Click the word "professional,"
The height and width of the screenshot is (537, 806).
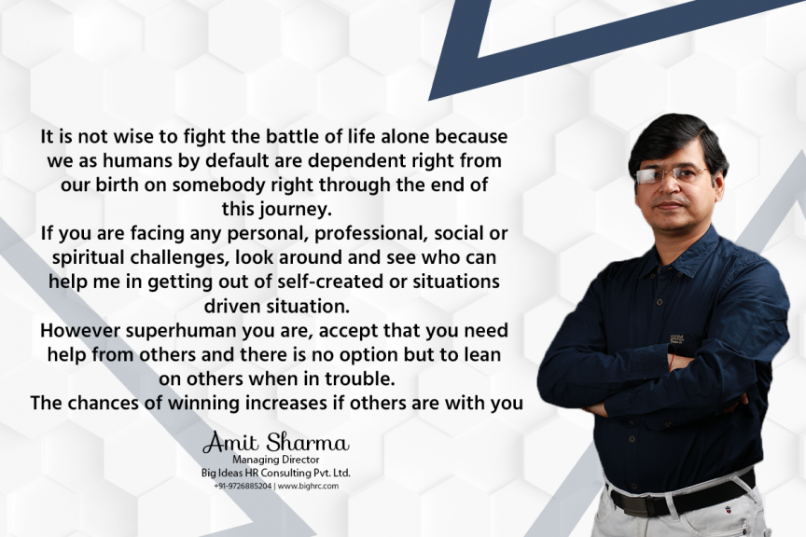tap(371, 234)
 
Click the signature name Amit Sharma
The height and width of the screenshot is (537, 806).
tap(276, 443)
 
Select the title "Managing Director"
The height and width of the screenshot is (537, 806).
tap(275, 460)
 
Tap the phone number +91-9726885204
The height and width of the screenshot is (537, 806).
tap(243, 486)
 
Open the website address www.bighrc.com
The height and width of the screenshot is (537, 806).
tap(309, 486)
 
